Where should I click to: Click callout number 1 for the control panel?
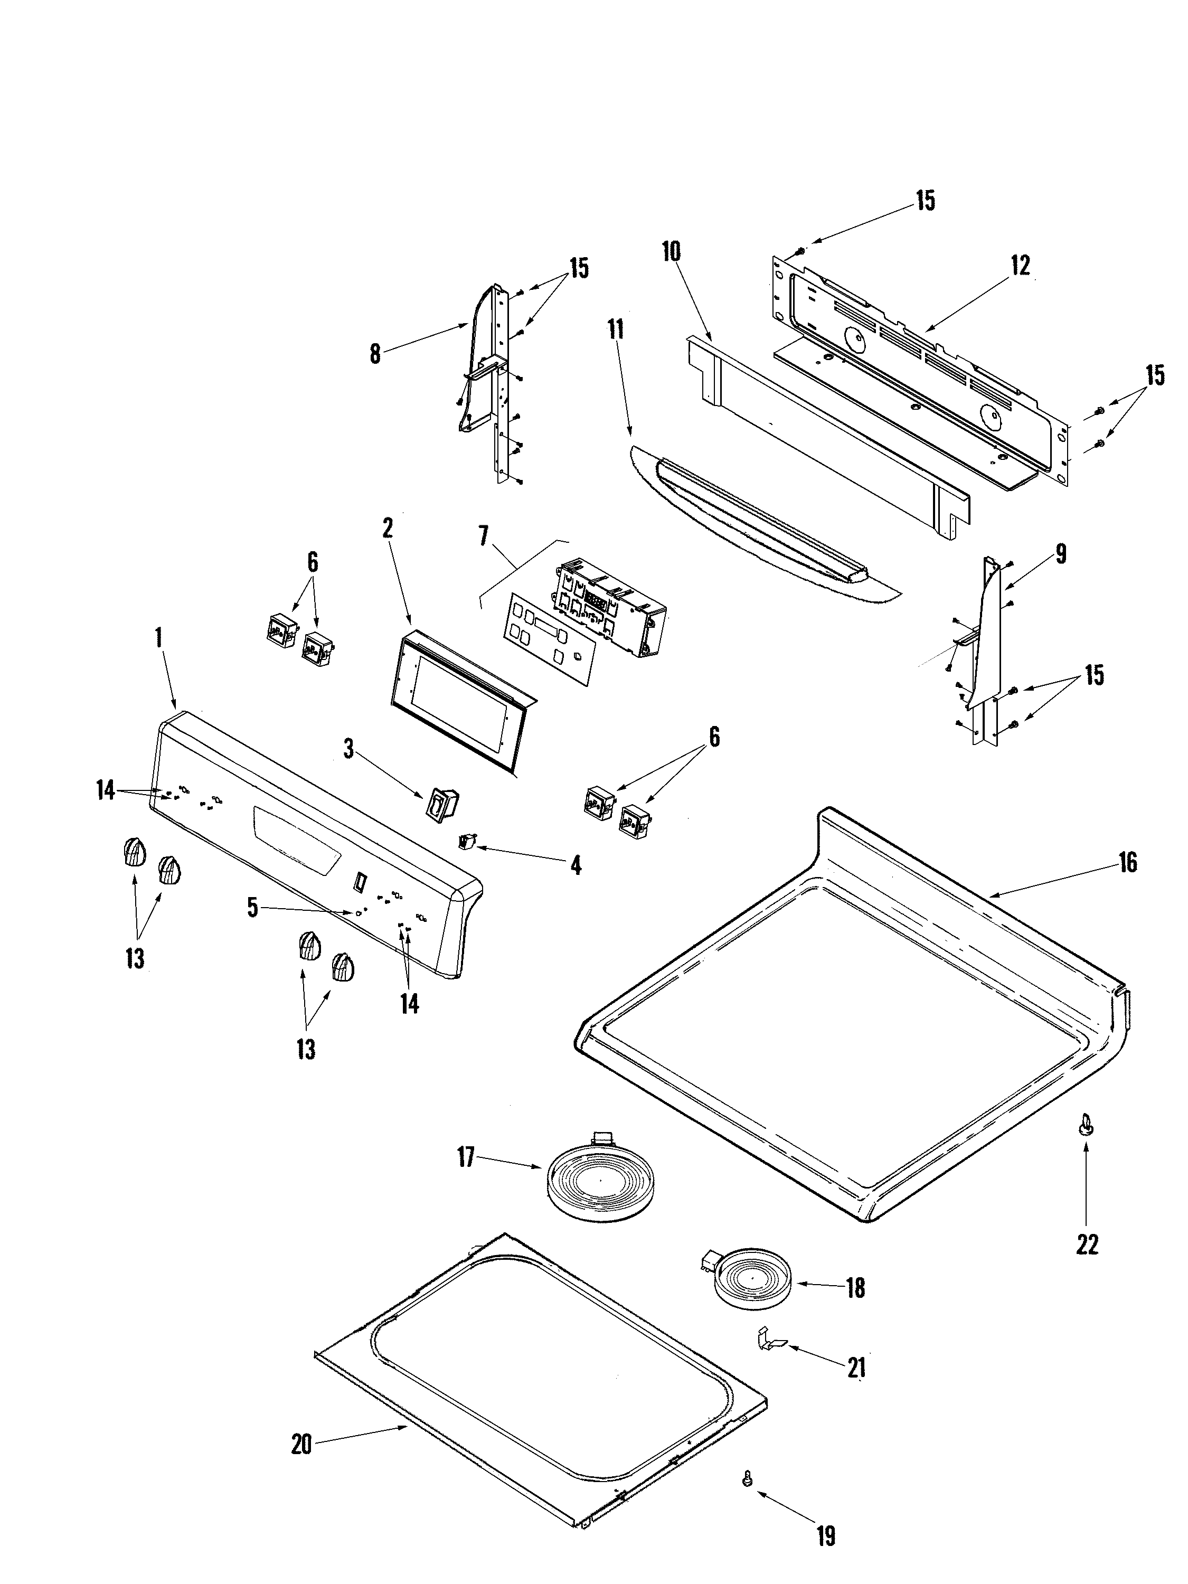click(x=158, y=637)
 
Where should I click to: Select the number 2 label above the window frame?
click(x=388, y=529)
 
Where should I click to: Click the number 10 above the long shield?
click(x=671, y=252)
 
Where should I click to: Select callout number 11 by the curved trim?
click(x=615, y=329)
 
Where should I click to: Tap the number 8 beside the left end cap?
click(x=375, y=354)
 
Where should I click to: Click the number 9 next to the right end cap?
click(x=1061, y=553)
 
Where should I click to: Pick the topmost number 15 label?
click(x=925, y=201)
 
